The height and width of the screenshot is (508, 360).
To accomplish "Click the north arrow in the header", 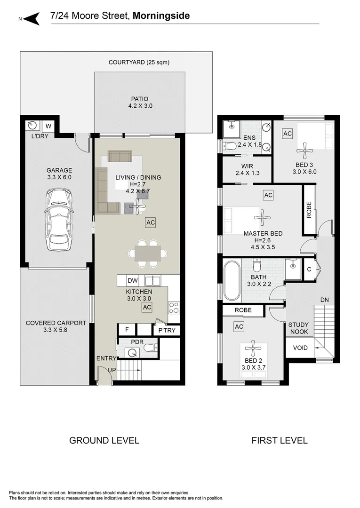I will tap(31, 18).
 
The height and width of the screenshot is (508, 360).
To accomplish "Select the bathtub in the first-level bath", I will tap(232, 280).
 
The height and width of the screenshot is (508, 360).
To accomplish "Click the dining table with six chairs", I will tap(147, 254).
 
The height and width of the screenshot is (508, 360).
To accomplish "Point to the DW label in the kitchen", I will tap(133, 281).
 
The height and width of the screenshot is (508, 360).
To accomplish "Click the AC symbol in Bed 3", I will tap(287, 134).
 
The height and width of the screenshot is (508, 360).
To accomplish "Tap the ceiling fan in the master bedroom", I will tap(262, 218).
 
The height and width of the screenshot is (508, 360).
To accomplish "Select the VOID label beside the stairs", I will tap(300, 348).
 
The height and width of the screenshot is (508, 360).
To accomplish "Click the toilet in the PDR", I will tap(149, 349).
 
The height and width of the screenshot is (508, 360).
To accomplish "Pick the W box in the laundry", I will tap(48, 126).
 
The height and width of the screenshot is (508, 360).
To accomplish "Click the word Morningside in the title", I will tap(161, 16).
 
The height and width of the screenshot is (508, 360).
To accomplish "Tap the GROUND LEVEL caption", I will tap(104, 441).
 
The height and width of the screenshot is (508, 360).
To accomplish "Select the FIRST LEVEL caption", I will tap(279, 441).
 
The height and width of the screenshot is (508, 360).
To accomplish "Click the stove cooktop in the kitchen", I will tap(174, 308).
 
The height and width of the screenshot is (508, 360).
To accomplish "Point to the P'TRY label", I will tap(166, 330).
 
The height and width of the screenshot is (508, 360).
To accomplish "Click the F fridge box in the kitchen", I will tap(127, 329).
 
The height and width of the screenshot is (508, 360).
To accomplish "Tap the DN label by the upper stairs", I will tap(324, 300).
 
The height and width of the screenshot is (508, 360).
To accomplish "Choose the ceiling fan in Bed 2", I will tap(253, 349).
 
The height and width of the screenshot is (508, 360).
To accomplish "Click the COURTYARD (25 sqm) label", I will tap(139, 62).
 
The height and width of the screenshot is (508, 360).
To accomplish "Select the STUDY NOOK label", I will tap(298, 328).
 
